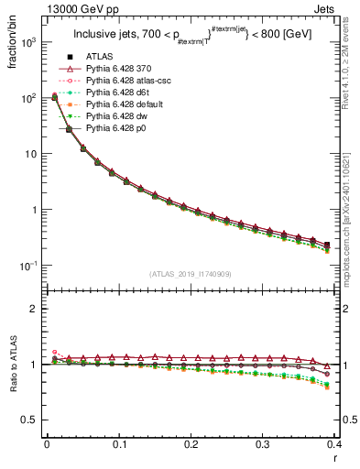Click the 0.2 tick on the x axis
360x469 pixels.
[191, 445]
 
